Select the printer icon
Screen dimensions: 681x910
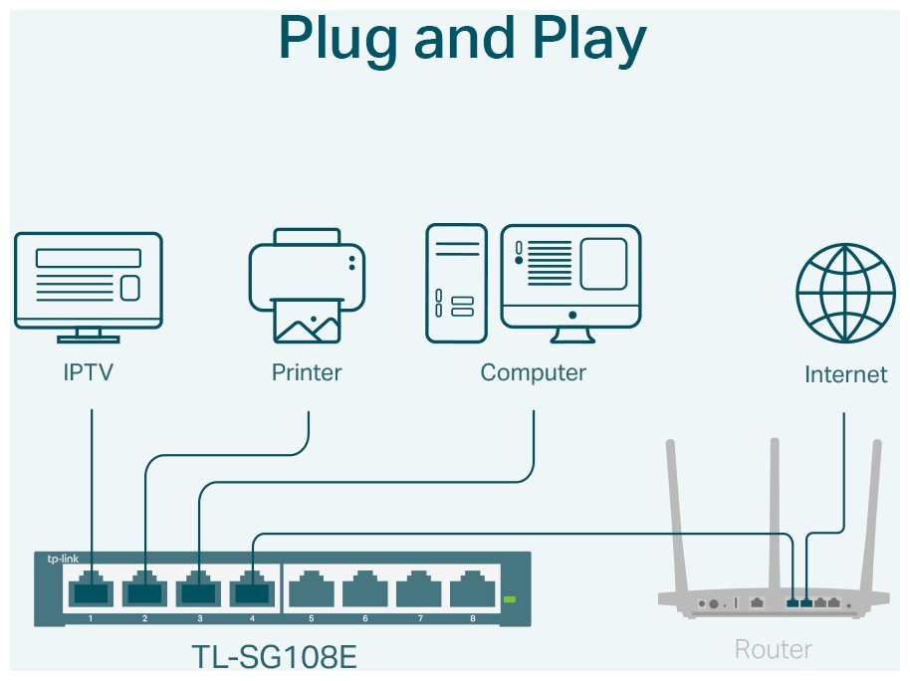[307, 287]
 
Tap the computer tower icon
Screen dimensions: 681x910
[457, 284]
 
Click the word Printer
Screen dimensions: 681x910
[307, 373]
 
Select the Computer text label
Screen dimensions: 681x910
[533, 373]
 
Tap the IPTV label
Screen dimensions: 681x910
[88, 373]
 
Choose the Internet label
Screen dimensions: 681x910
[845, 375]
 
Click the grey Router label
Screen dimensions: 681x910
[773, 650]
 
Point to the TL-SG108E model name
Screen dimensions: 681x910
[274, 658]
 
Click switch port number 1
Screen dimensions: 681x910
[92, 591]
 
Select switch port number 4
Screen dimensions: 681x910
[253, 591]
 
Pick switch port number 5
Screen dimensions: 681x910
[311, 591]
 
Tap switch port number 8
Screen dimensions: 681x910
[473, 591]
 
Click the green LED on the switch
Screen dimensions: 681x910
[511, 599]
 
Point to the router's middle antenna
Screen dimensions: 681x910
[773, 518]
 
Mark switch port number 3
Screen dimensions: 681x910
[199, 591]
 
